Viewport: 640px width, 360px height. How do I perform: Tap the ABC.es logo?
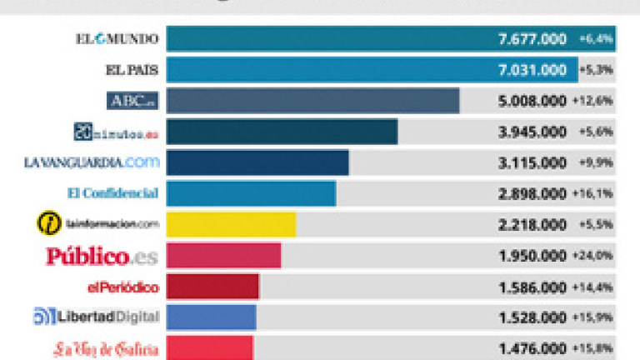click(132, 101)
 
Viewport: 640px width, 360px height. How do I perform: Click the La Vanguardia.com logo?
click(92, 162)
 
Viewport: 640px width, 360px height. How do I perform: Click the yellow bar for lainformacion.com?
click(232, 224)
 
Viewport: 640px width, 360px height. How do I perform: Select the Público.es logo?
click(101, 256)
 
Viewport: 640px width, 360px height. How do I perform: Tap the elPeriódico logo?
click(122, 287)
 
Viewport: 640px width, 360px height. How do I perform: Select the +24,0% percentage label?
click(593, 256)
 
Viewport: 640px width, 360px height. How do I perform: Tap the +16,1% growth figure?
click(593, 193)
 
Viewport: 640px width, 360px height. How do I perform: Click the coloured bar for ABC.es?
click(312, 101)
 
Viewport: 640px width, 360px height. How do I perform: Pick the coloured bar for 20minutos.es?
click(282, 132)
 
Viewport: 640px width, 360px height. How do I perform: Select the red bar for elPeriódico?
click(212, 287)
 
